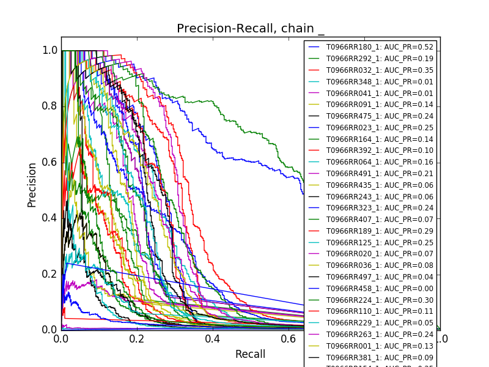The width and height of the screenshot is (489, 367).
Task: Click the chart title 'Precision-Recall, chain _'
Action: click(251, 29)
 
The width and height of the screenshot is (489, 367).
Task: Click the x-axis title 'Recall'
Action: click(251, 354)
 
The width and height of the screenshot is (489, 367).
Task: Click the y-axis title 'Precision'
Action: click(32, 185)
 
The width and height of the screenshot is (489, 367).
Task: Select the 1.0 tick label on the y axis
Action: click(50, 51)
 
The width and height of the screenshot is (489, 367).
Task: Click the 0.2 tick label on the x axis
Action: click(137, 339)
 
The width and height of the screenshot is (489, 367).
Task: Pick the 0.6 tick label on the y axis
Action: click(50, 162)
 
